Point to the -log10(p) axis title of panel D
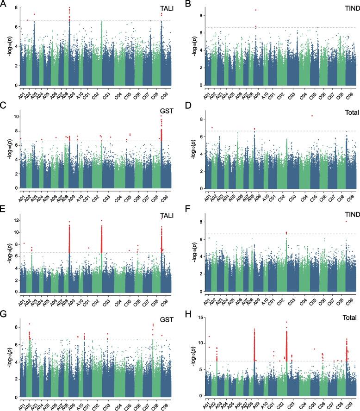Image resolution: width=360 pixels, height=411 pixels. pos(189,151)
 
